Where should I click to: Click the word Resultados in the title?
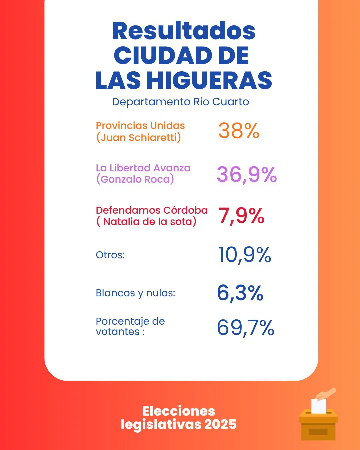point(184,31)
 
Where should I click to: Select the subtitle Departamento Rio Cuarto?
point(180,102)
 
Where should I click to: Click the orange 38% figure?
point(239,131)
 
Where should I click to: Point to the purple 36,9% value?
point(247,174)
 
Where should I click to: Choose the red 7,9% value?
point(241,216)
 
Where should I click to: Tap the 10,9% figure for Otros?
point(244,255)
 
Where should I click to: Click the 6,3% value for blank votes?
point(240,293)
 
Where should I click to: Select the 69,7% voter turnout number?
point(245,328)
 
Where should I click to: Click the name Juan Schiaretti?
point(139,137)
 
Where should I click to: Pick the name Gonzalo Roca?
point(135,179)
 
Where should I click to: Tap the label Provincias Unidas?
point(140,126)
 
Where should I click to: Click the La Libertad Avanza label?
point(143,168)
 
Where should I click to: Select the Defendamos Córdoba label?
point(152,210)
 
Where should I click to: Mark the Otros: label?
point(110,255)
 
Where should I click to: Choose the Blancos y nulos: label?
point(135,293)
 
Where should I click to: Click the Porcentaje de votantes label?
point(130,326)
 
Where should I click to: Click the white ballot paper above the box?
point(318,406)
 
